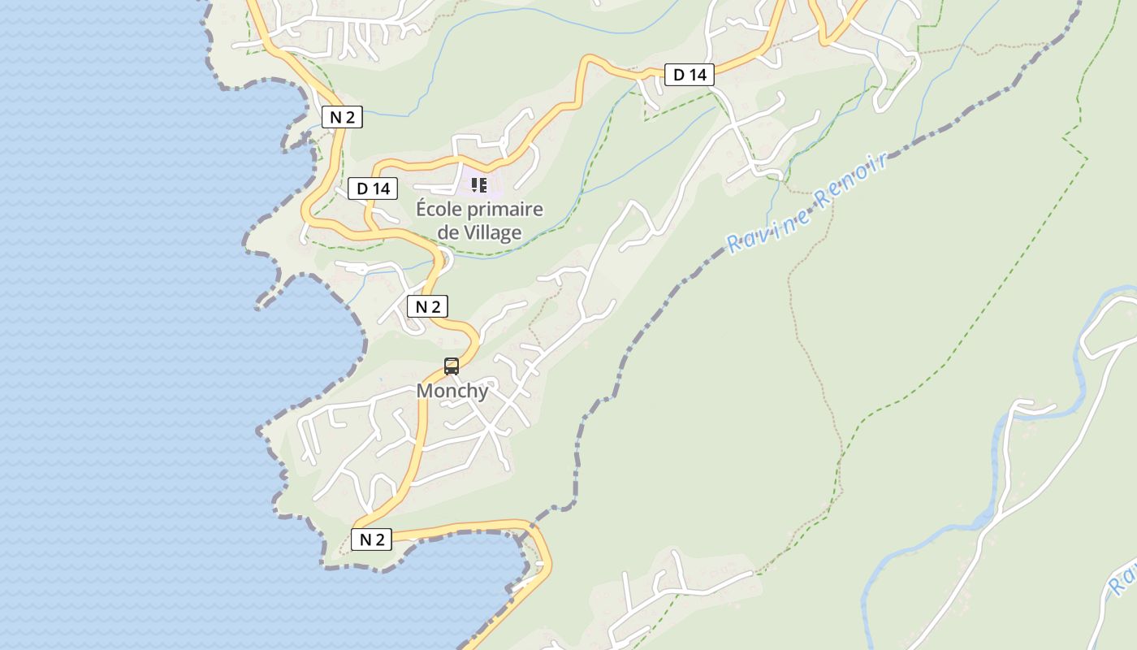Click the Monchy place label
tap(452, 391)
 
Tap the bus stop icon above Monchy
tap(452, 366)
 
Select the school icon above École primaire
tap(479, 185)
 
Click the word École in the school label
tap(442, 210)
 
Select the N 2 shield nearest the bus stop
tap(427, 306)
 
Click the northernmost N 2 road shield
tap(342, 117)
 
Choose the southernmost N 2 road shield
tap(371, 539)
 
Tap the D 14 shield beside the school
tap(374, 188)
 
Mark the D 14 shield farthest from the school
tap(690, 75)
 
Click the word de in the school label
tap(448, 233)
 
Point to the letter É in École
tap(422, 210)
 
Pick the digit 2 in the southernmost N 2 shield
tap(379, 539)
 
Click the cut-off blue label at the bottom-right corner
tap(1124, 579)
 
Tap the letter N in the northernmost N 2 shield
tap(335, 117)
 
